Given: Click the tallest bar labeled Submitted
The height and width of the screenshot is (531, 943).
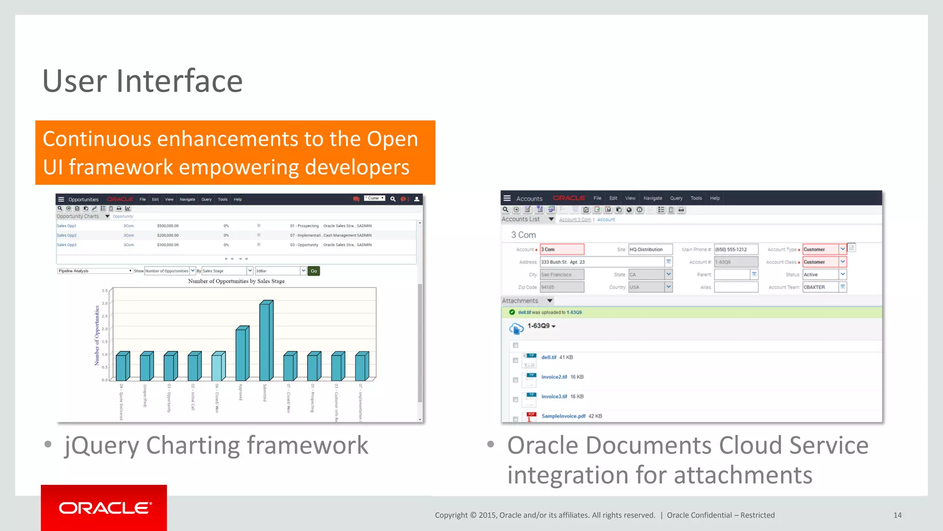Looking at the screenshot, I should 266,341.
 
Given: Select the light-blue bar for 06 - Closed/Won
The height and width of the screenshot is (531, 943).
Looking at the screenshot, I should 218,367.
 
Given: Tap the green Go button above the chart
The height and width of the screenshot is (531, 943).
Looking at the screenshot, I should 314,271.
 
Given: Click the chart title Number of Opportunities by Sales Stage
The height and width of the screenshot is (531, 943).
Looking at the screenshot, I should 236,281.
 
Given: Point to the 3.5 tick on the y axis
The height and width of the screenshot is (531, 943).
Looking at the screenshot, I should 105,290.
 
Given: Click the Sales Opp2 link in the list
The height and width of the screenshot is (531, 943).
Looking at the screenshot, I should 67,235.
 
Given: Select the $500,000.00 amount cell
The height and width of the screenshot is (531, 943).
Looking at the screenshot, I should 168,226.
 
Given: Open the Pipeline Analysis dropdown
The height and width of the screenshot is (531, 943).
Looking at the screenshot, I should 95,271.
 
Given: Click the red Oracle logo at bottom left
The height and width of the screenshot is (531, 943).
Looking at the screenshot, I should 104,508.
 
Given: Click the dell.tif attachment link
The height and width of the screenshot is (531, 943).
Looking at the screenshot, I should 549,357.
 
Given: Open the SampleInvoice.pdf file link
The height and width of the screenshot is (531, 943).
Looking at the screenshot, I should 563,416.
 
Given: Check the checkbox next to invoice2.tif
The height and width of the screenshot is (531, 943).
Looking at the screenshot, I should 515,380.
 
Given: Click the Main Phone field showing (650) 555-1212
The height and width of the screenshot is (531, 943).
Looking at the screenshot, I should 735,249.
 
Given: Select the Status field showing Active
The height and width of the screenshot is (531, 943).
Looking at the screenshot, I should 821,274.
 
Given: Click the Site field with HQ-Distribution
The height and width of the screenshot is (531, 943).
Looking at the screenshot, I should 650,249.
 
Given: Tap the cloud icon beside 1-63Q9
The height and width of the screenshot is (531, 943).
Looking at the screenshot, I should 516,328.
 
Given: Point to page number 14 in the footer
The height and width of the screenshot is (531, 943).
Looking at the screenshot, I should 897,515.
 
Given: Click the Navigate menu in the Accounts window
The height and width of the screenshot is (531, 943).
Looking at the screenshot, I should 652,198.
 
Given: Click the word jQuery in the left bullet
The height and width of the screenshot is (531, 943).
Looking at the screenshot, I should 101,446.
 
